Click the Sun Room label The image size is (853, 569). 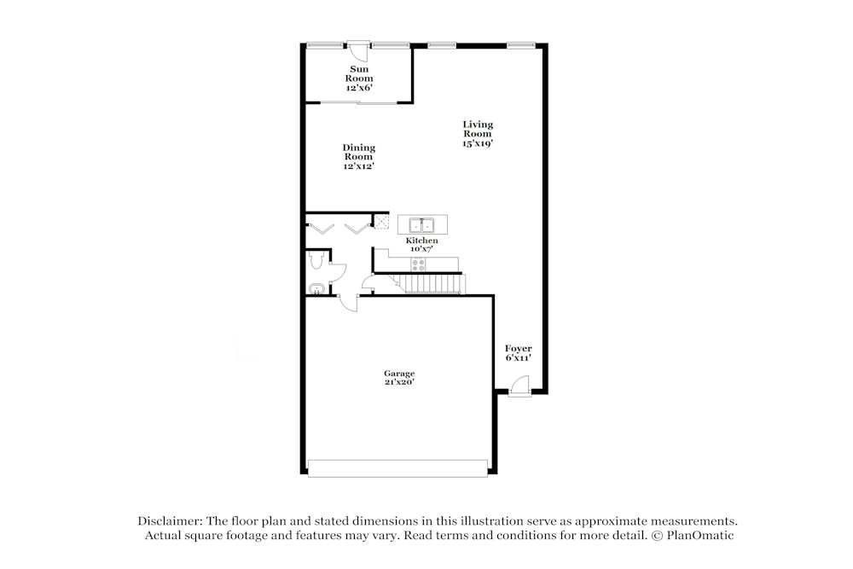point(359,73)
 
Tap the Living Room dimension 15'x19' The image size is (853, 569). point(478,143)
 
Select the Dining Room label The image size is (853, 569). point(359,152)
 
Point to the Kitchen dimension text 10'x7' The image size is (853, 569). point(421,248)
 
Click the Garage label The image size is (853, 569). point(399,373)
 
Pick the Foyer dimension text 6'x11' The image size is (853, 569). point(518,357)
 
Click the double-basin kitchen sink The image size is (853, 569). point(422,224)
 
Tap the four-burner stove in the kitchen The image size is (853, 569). point(418,264)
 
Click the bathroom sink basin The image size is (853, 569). point(316,288)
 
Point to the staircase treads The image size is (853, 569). point(430,283)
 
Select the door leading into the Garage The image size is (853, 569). point(348,303)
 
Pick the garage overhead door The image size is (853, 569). point(397,468)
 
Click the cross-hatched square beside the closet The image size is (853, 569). point(381,221)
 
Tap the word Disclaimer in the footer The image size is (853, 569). point(169,521)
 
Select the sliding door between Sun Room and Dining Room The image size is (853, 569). point(359,102)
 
